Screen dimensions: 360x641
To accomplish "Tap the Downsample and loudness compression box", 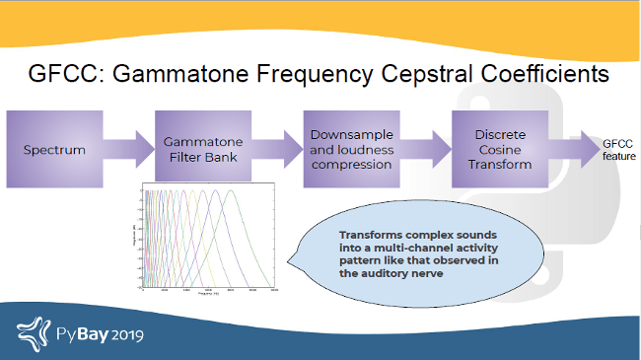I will [x=351, y=150].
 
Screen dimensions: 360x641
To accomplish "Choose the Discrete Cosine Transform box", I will [x=498, y=150].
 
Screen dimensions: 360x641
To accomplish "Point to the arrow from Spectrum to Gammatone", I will [x=128, y=150].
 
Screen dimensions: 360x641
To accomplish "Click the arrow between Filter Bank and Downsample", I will [x=277, y=150].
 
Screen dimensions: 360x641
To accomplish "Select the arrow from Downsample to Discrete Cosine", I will [x=425, y=150].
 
